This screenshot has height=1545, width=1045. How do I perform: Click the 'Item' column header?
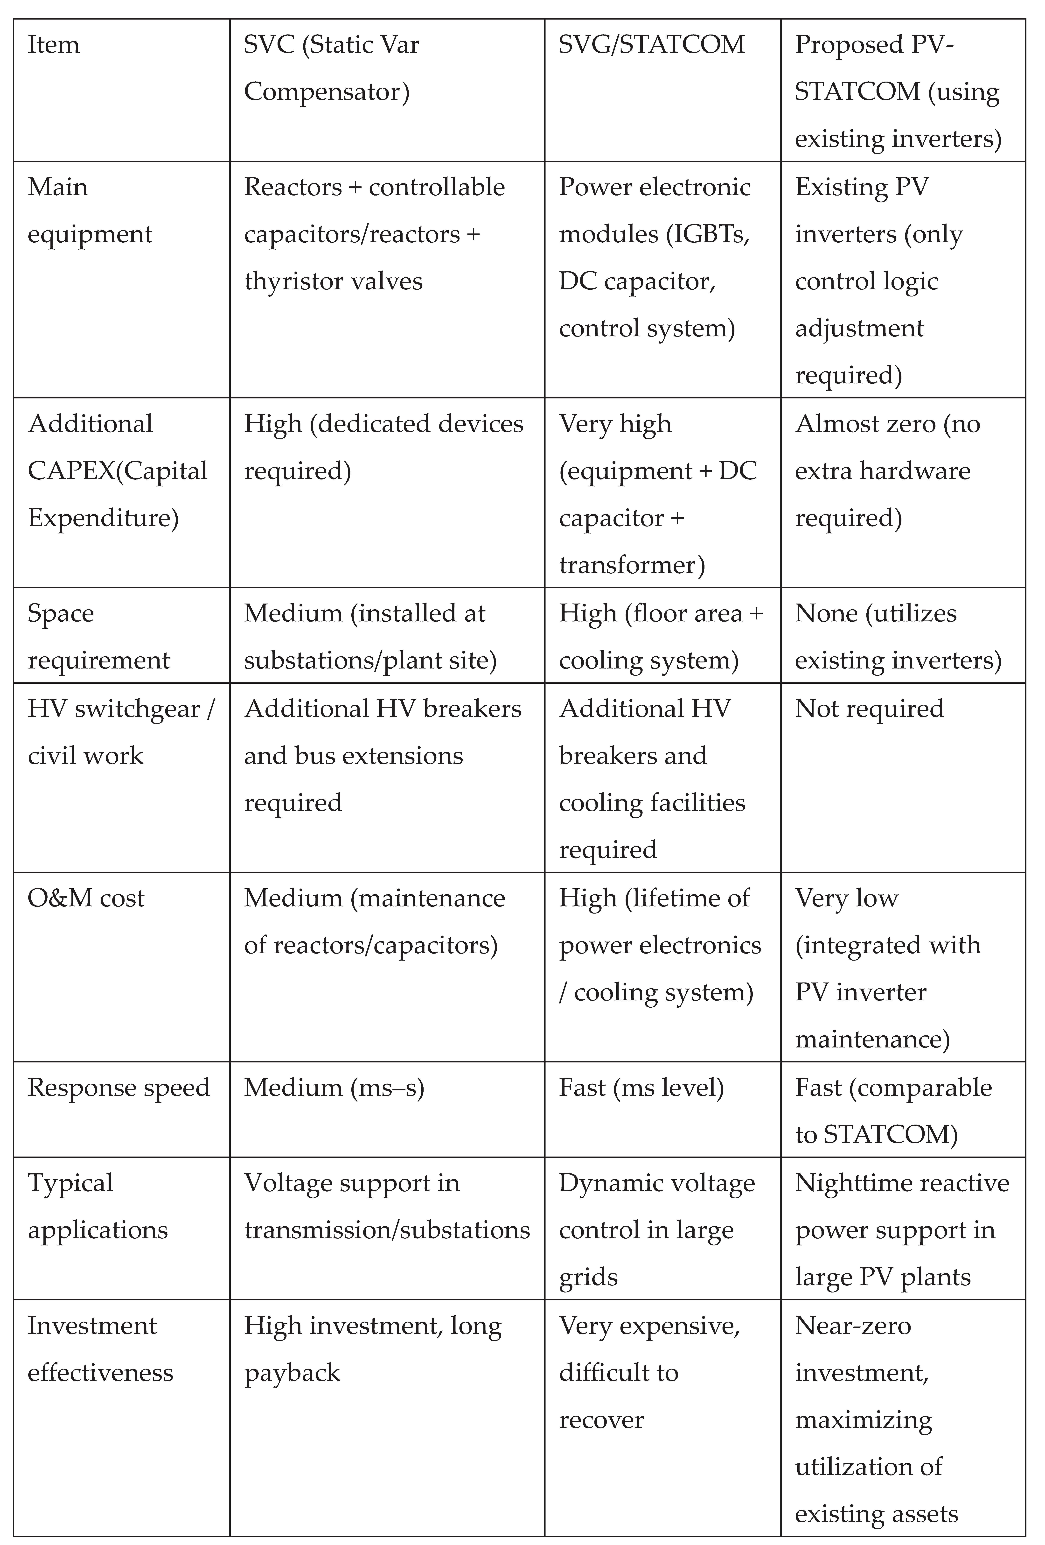point(53,45)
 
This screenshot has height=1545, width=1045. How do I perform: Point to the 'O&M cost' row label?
point(86,898)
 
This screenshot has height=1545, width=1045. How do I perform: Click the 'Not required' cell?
point(869,709)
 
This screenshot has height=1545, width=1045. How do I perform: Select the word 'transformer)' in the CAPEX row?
point(632,565)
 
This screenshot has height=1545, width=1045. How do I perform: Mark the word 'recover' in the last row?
point(601,1420)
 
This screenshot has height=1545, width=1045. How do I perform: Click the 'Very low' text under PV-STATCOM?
point(846,898)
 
